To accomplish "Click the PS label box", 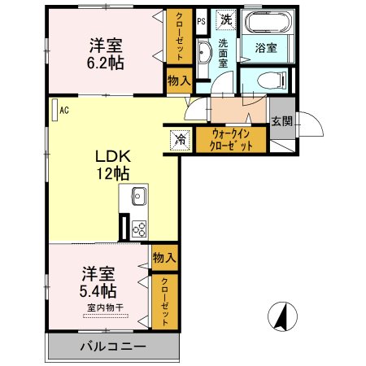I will pos(200,21).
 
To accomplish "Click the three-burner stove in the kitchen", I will pos(138,229).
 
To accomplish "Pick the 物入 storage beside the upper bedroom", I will pos(178,80).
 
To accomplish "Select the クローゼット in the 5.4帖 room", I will pos(163,301).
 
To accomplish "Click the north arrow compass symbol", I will pos(281,316).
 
